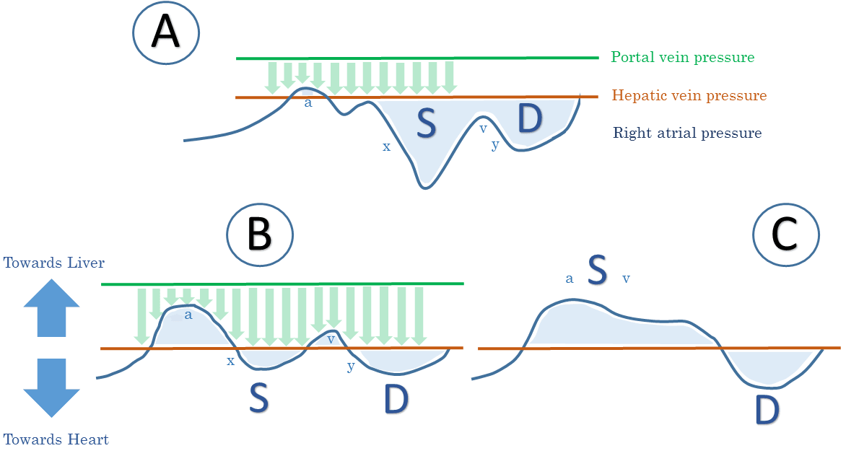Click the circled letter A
pyautogui.click(x=166, y=34)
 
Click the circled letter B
pyautogui.click(x=259, y=235)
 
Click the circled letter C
pyautogui.click(x=785, y=235)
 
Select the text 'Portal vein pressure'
pyautogui.click(x=682, y=57)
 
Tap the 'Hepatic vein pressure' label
pyautogui.click(x=689, y=95)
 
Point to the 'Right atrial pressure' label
pyautogui.click(x=687, y=133)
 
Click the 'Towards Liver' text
pyautogui.click(x=54, y=263)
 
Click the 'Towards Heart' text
pyautogui.click(x=56, y=439)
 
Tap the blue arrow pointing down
pyautogui.click(x=51, y=387)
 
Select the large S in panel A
pyautogui.click(x=427, y=124)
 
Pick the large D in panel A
pyautogui.click(x=530, y=120)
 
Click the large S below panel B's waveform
pyautogui.click(x=259, y=399)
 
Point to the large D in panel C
pyautogui.click(x=767, y=410)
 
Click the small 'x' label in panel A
pyautogui.click(x=386, y=146)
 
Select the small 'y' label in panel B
pyautogui.click(x=350, y=365)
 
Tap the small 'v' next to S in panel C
pyautogui.click(x=626, y=278)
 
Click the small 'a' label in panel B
pyautogui.click(x=188, y=315)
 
